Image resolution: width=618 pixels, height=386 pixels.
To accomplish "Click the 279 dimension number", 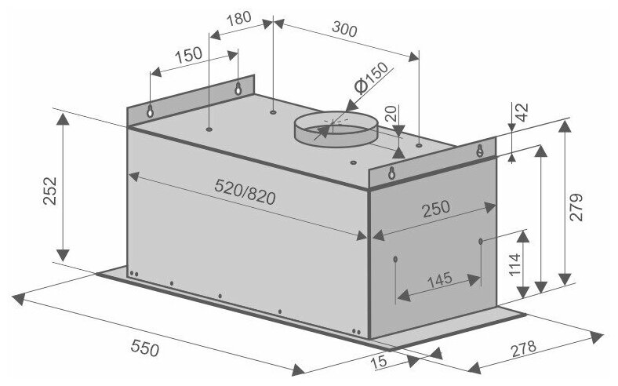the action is tap(578, 208).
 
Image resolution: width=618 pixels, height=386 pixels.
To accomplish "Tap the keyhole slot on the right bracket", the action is tap(478, 151).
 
